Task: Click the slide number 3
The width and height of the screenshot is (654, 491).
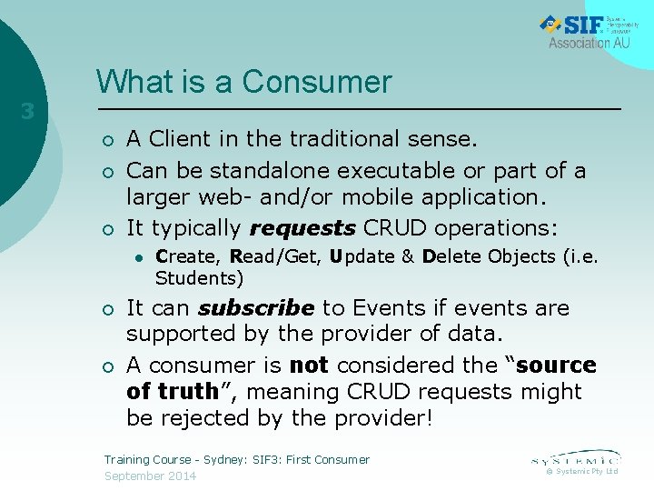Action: click(27, 112)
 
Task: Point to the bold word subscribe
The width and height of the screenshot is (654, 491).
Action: click(256, 308)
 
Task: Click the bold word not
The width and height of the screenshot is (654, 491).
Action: click(308, 366)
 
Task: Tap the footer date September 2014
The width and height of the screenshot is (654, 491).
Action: click(150, 476)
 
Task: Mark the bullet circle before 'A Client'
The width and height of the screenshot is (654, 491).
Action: click(107, 140)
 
